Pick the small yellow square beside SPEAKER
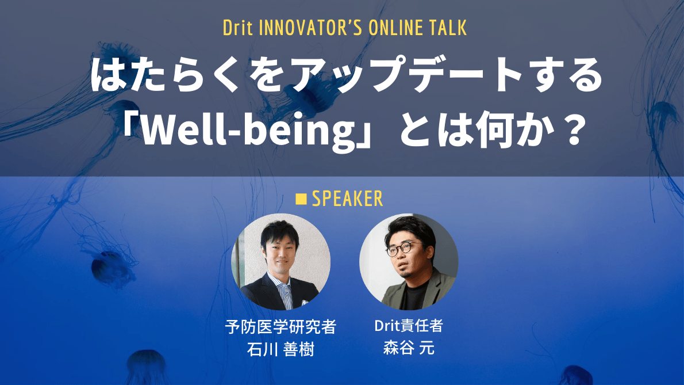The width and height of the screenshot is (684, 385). pos(301,199)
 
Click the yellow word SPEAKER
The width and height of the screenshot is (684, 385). pos(347,199)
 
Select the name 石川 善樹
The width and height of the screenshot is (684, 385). pos(280,349)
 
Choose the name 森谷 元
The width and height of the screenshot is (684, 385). pos(409,349)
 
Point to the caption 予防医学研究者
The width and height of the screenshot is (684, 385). pos(280,328)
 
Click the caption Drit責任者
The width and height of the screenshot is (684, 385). pos(409,327)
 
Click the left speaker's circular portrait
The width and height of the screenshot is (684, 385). pos(280,262)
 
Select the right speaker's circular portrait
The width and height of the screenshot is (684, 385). pos(409,262)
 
